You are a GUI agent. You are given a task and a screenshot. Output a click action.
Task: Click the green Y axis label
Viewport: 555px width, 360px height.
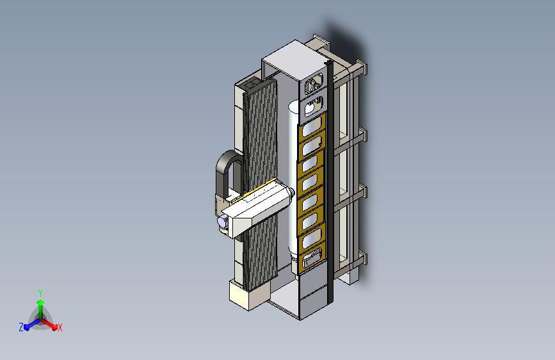pyautogui.click(x=40, y=293)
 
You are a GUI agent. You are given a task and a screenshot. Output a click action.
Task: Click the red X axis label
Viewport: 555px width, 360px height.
pyautogui.click(x=60, y=328)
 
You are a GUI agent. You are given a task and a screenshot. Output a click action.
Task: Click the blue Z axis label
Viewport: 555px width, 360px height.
pyautogui.click(x=21, y=327)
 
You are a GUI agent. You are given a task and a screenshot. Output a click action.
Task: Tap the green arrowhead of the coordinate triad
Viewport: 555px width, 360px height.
pyautogui.click(x=41, y=302)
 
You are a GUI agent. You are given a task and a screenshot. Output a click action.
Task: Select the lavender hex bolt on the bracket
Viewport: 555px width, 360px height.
pyautogui.click(x=222, y=222)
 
